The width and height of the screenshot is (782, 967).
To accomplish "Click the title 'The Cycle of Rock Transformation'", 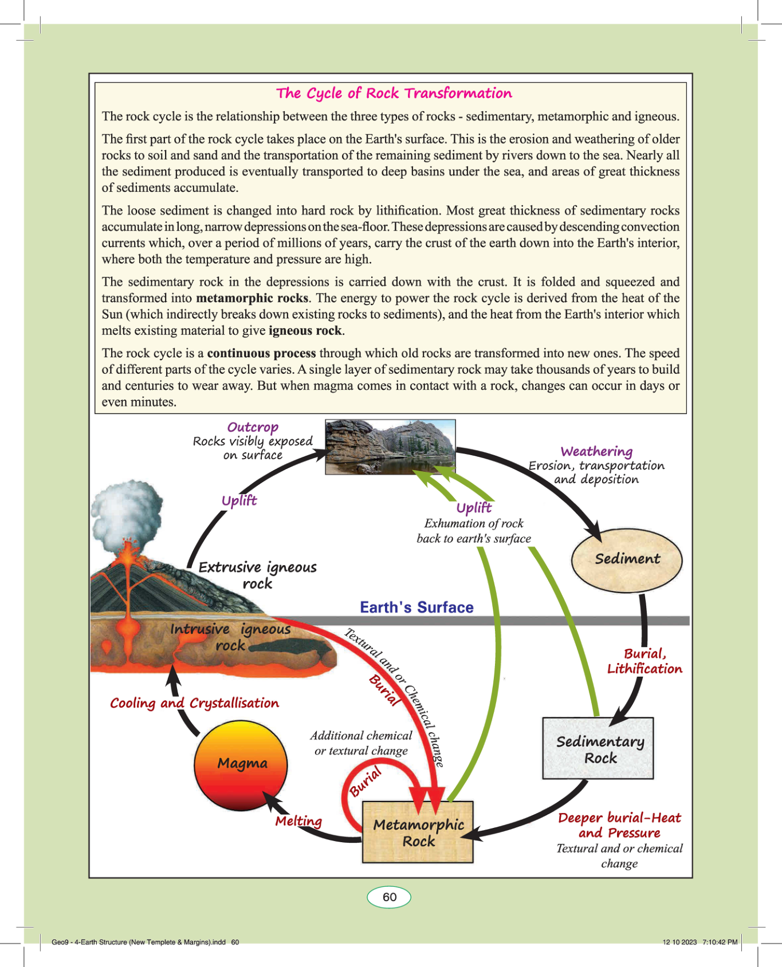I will tap(394, 93).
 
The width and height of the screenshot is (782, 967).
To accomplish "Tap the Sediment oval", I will tap(627, 559).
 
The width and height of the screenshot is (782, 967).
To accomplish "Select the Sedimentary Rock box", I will tap(598, 749).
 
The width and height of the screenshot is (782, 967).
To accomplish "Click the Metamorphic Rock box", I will tap(418, 832).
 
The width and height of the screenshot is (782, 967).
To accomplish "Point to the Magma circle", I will tap(241, 764).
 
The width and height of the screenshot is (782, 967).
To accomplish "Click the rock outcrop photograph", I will tap(390, 447).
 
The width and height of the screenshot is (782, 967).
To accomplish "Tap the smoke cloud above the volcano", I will tap(125, 510).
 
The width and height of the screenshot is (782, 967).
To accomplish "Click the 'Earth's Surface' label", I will tap(416, 607).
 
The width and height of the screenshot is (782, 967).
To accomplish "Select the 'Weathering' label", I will tap(596, 452).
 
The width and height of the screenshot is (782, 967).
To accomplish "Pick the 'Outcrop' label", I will tap(253, 427).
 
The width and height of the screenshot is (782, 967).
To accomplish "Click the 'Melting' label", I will tap(298, 821).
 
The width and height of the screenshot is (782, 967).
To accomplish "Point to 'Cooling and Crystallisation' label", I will tap(194, 703).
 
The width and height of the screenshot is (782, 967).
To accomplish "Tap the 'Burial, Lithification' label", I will tap(645, 661).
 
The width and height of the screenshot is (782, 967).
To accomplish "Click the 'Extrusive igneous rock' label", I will tap(257, 575).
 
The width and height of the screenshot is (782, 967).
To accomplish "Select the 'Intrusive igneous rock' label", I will tap(230, 637).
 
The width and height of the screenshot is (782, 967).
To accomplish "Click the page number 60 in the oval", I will tap(390, 897).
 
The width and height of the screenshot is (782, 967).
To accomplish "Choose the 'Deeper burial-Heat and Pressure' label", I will tap(619, 825).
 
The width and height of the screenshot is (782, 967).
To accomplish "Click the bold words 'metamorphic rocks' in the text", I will tap(252, 298).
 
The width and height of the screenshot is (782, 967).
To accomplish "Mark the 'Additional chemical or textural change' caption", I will tap(361, 743).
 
